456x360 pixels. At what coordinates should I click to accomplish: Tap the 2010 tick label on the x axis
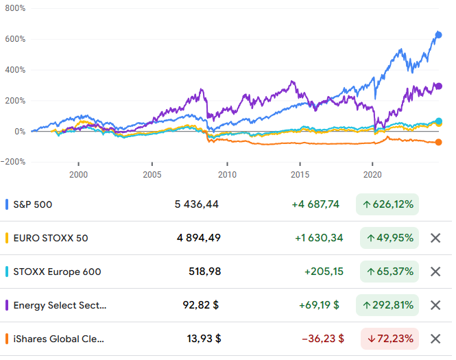point(227,175)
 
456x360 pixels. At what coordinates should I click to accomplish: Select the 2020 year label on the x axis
point(372,175)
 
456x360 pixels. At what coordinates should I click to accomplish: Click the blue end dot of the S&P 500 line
point(439,35)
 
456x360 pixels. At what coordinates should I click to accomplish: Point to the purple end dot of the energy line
point(439,86)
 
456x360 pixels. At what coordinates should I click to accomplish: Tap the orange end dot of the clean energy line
point(439,143)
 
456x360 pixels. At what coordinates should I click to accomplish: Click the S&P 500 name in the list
point(33,204)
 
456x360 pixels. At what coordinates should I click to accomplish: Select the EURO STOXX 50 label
point(51,238)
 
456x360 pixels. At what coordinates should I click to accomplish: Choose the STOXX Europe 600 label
point(57,272)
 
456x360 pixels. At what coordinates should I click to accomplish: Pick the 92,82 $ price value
point(202,305)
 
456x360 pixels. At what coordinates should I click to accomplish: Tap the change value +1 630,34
point(319,238)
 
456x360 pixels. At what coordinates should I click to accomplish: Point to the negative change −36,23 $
point(321,339)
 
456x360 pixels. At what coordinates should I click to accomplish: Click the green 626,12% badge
point(387,204)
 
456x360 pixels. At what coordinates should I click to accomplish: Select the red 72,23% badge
point(390,339)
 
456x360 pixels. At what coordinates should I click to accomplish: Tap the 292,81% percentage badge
point(387,305)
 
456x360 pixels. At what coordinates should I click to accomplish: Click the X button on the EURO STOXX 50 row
point(435,238)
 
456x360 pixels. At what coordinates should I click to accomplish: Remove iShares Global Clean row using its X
point(435,339)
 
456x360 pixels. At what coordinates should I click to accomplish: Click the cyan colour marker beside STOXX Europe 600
point(6,272)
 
